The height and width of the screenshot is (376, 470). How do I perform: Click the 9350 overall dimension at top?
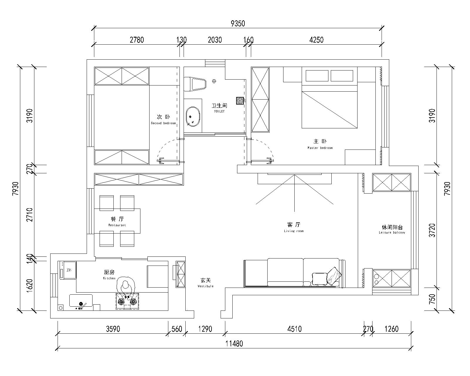pyautogui.click(x=238, y=23)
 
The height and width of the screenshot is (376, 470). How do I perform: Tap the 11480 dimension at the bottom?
pyautogui.click(x=234, y=343)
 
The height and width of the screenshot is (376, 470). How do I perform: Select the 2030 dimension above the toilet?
pyautogui.click(x=215, y=40)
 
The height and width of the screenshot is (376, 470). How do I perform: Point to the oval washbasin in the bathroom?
pyautogui.click(x=193, y=117)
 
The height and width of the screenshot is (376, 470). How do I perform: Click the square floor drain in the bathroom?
pyautogui.click(x=240, y=101)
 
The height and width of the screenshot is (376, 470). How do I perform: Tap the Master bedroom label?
pyautogui.click(x=320, y=144)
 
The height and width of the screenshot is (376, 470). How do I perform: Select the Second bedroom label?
pyautogui.click(x=163, y=120)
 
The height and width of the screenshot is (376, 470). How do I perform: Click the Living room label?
pyautogui.click(x=294, y=227)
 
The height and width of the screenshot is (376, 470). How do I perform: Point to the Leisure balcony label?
pyautogui.click(x=392, y=229)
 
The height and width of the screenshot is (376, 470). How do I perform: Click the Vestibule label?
pyautogui.click(x=205, y=283)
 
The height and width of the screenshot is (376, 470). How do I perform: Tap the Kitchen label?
pyautogui.click(x=109, y=275)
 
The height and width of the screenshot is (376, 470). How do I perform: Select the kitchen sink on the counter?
pyautogui.click(x=81, y=301)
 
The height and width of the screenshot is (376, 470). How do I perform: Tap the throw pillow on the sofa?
pyautogui.click(x=320, y=278)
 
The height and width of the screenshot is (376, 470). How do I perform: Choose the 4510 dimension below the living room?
pyautogui.click(x=294, y=329)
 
